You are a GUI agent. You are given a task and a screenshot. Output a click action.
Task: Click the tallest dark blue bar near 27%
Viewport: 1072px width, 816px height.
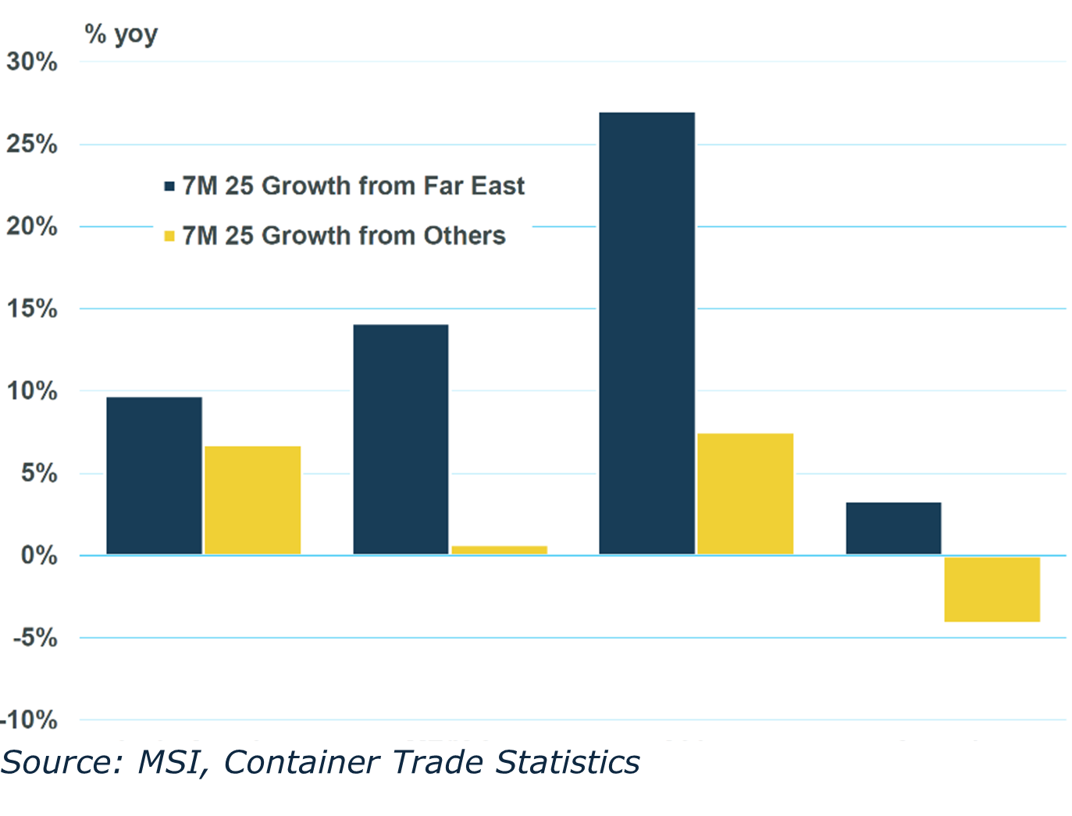click(646, 333)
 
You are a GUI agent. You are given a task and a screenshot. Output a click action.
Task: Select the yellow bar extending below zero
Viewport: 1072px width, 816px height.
click(992, 589)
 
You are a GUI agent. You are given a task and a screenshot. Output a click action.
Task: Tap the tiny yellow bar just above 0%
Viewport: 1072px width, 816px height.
click(499, 551)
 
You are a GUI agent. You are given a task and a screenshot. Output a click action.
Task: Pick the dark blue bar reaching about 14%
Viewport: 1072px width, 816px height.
click(401, 440)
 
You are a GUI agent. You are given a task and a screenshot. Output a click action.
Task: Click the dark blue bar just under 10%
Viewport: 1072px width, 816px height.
click(154, 476)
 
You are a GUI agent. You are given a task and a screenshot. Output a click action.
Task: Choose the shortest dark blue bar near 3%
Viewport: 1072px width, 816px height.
click(893, 529)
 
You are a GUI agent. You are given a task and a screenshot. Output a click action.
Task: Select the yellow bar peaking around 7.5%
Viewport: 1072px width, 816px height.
click(745, 494)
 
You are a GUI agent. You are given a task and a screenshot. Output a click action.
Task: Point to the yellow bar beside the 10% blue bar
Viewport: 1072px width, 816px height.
click(252, 500)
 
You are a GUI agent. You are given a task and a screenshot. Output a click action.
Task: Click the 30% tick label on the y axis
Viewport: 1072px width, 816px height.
click(32, 62)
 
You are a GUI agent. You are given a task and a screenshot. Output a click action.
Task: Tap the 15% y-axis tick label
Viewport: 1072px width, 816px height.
click(32, 309)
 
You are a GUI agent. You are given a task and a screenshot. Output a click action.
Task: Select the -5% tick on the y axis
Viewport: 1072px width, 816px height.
click(34, 638)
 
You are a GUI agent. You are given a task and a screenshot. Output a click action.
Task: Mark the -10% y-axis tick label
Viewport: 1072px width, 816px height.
click(30, 720)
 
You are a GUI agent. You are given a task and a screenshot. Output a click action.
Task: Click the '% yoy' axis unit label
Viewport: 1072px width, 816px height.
click(121, 34)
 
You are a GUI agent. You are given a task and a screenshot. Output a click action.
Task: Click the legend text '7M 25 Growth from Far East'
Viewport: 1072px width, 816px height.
click(353, 186)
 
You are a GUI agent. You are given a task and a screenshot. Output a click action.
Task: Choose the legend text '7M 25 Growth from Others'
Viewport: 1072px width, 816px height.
click(344, 236)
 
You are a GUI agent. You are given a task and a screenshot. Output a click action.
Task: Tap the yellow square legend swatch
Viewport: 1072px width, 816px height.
click(169, 236)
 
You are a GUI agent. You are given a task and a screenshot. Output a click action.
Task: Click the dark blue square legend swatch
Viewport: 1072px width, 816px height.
click(169, 187)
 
